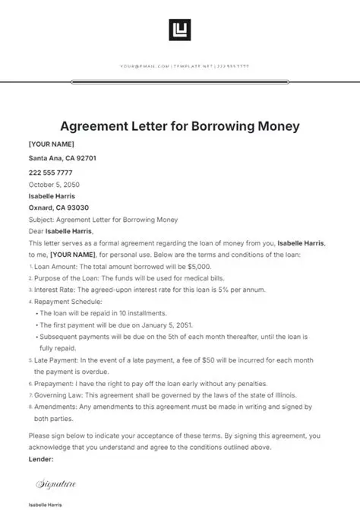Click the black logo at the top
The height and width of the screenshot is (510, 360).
[x=180, y=30]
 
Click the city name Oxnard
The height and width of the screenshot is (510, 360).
[x=42, y=207]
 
